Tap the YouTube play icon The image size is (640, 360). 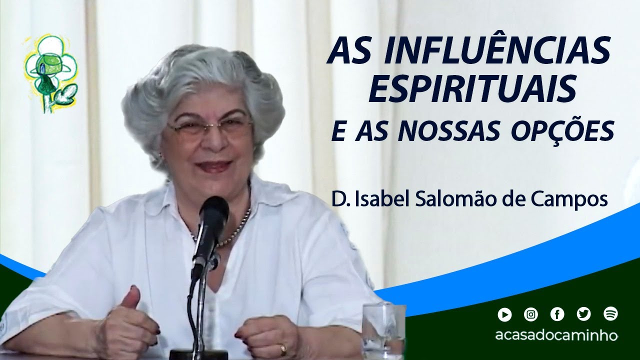[x=504, y=314]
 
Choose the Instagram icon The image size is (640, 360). [x=531, y=314]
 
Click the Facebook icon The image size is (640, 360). [x=557, y=314]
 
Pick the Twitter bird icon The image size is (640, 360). [x=583, y=314]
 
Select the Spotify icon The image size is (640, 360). [x=610, y=314]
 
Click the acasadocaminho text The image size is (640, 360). [x=556, y=335]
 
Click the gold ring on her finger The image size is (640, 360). [x=283, y=347]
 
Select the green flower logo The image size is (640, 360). [x=50, y=72]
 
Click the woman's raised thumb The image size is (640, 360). [x=130, y=298]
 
